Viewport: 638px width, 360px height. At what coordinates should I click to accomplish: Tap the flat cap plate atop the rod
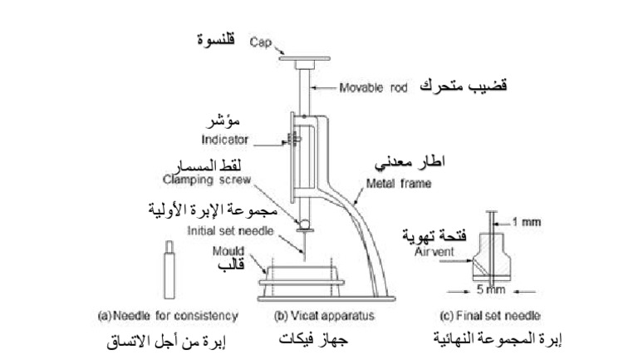(305, 60)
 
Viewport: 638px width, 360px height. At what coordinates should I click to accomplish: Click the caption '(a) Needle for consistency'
(169, 316)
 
